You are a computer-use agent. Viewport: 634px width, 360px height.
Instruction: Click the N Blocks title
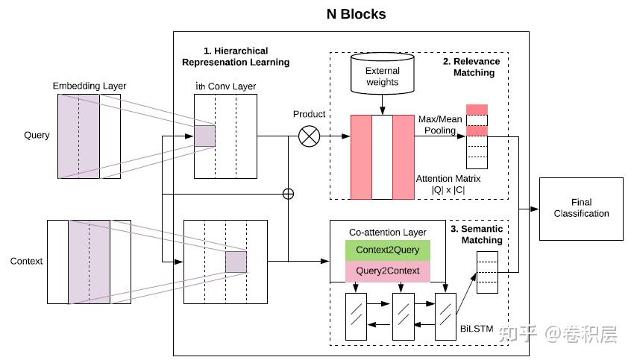tap(356, 14)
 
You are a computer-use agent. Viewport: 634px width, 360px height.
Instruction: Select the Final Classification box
tap(580, 208)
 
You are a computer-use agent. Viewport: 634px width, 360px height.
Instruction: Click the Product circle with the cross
tap(309, 136)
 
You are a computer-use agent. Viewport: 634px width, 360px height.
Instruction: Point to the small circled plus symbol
tap(288, 194)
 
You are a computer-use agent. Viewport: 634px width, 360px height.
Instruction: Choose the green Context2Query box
tap(387, 250)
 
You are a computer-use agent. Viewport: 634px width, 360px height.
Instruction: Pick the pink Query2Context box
tap(387, 272)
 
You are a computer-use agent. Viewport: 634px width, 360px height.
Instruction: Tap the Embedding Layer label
tap(89, 86)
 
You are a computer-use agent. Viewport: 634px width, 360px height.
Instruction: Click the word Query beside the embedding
tap(37, 136)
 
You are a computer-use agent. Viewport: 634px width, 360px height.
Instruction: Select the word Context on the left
tap(26, 262)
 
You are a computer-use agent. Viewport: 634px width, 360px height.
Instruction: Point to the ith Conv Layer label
tap(225, 86)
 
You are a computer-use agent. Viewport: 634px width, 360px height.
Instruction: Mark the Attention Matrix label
tap(448, 184)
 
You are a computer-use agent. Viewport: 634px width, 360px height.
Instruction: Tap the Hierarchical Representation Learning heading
tap(236, 56)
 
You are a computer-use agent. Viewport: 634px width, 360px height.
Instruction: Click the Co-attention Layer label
tap(387, 233)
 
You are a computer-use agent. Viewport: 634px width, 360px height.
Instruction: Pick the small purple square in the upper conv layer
tap(204, 136)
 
